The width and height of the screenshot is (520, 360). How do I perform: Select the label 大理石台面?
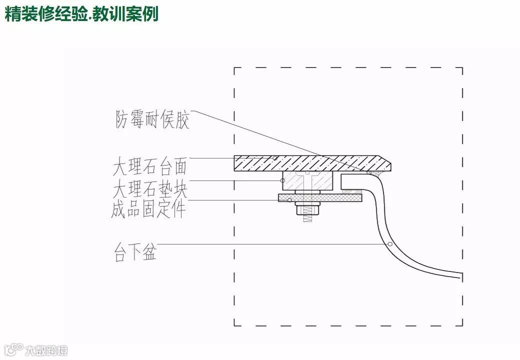tap(150, 165)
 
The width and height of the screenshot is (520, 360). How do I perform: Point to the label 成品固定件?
tap(148, 209)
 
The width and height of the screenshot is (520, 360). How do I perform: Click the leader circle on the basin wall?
tap(390, 244)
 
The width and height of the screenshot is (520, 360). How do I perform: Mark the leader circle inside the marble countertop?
tap(275, 158)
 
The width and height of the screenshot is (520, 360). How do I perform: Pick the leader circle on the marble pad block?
tap(283, 180)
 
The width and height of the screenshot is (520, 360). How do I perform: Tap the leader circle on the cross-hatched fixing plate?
tap(289, 200)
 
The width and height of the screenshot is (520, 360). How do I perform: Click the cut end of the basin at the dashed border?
tap(462, 274)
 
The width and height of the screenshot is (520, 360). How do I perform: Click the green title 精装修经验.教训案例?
tap(81, 13)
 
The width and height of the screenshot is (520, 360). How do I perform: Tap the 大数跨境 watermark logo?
tap(35, 349)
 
